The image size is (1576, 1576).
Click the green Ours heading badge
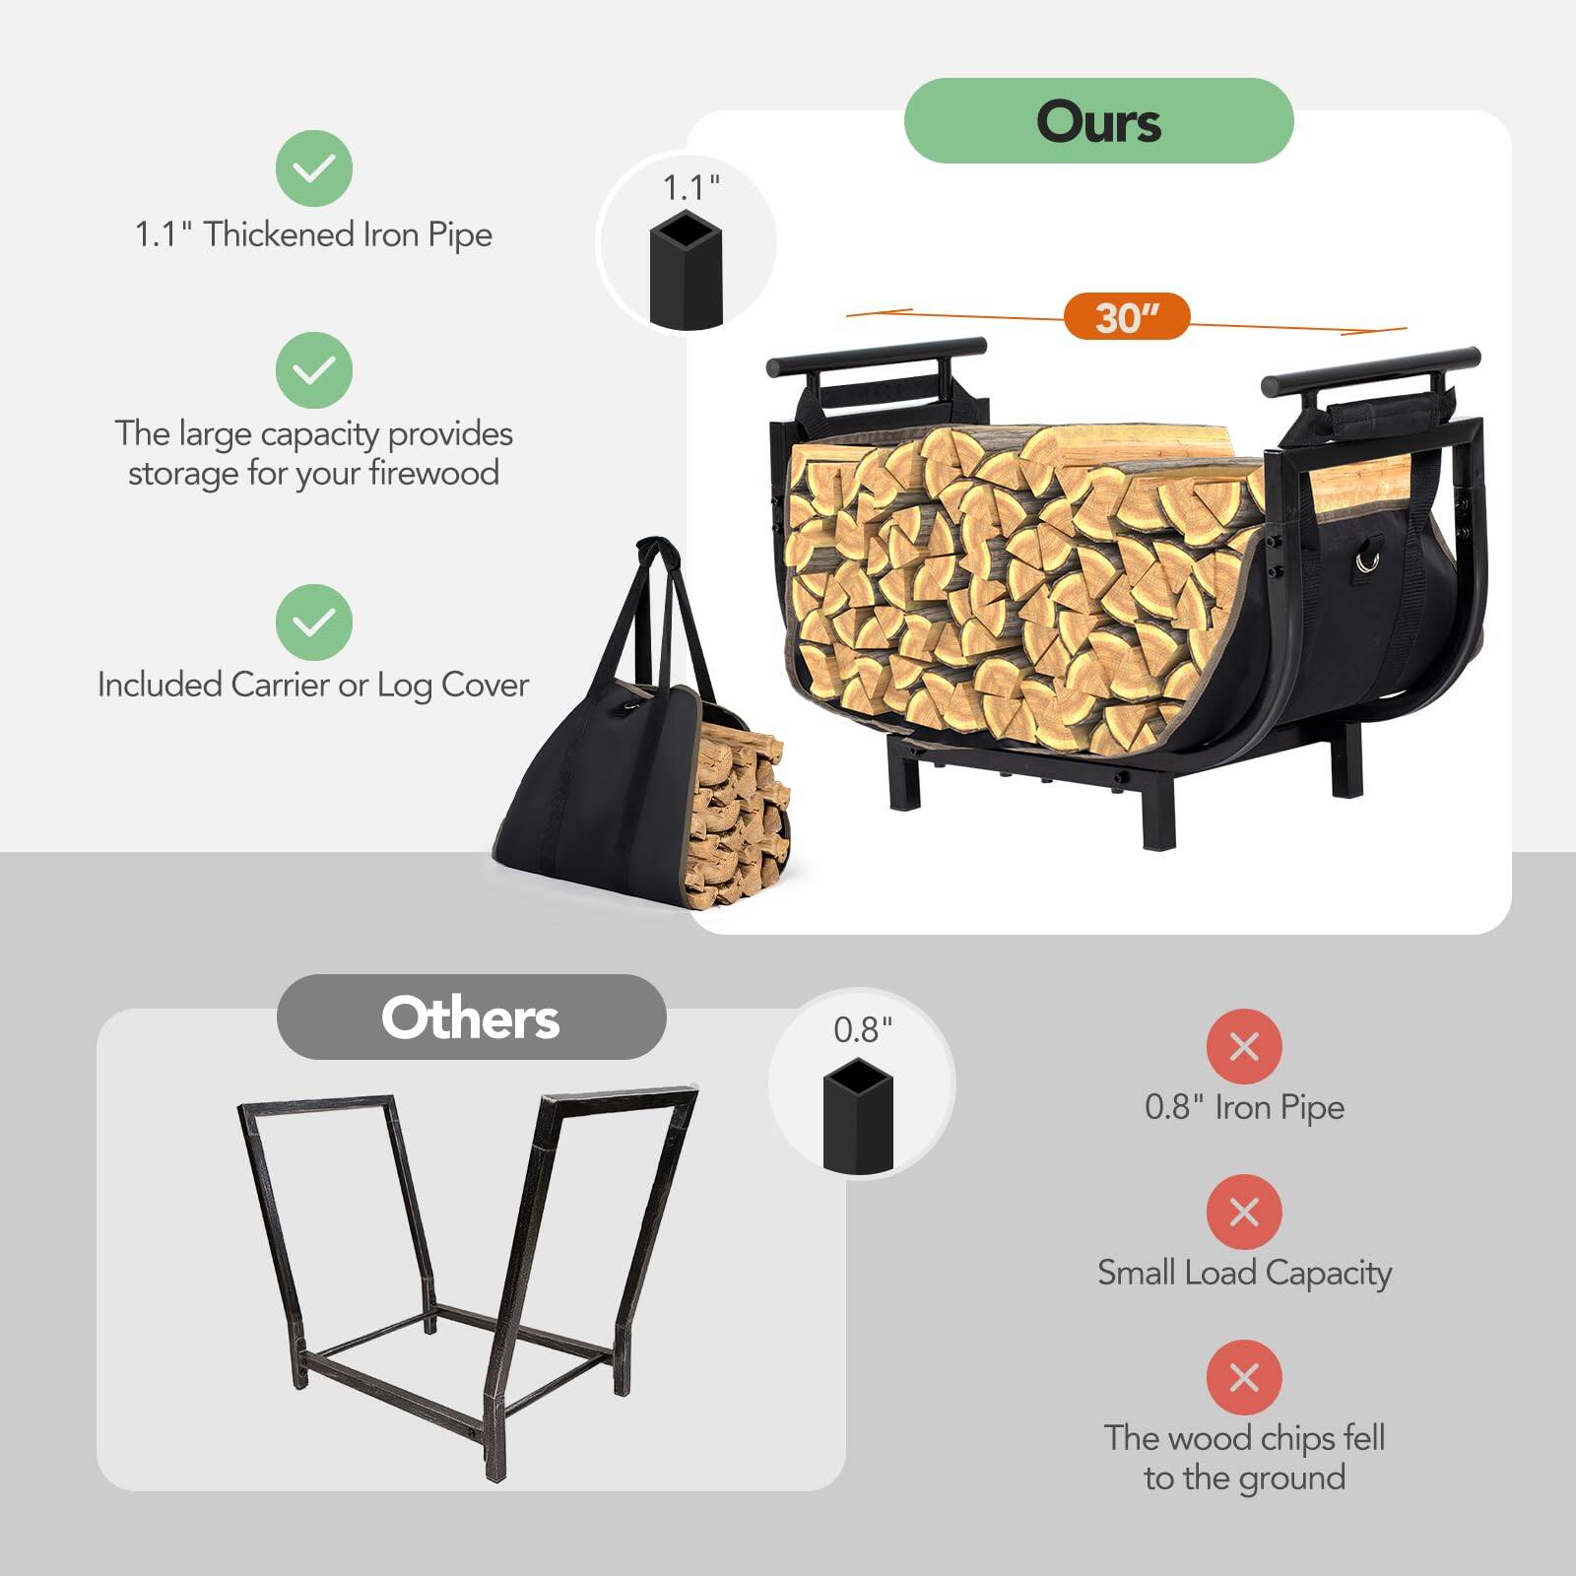pos(1098,121)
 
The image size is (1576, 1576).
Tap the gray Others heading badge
pos(471,1018)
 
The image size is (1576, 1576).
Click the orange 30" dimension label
pos(1127,317)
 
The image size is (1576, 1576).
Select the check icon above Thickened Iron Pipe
pos(314,167)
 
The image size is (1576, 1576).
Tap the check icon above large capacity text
pos(314,370)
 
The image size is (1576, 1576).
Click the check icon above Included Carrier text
pos(314,622)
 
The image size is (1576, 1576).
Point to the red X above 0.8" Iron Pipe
pos(1244,1046)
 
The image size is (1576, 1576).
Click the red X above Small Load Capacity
pos(1244,1212)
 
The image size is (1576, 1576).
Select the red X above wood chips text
pos(1244,1377)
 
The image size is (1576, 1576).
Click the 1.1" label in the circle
pos(690,187)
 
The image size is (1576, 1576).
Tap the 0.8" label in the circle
pos(863,1029)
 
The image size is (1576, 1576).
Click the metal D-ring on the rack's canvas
pos(1367,559)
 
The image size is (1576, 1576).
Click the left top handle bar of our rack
pos(876,356)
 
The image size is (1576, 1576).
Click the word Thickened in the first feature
pos(280,234)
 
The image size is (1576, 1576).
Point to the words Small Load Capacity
pos(1244,1273)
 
